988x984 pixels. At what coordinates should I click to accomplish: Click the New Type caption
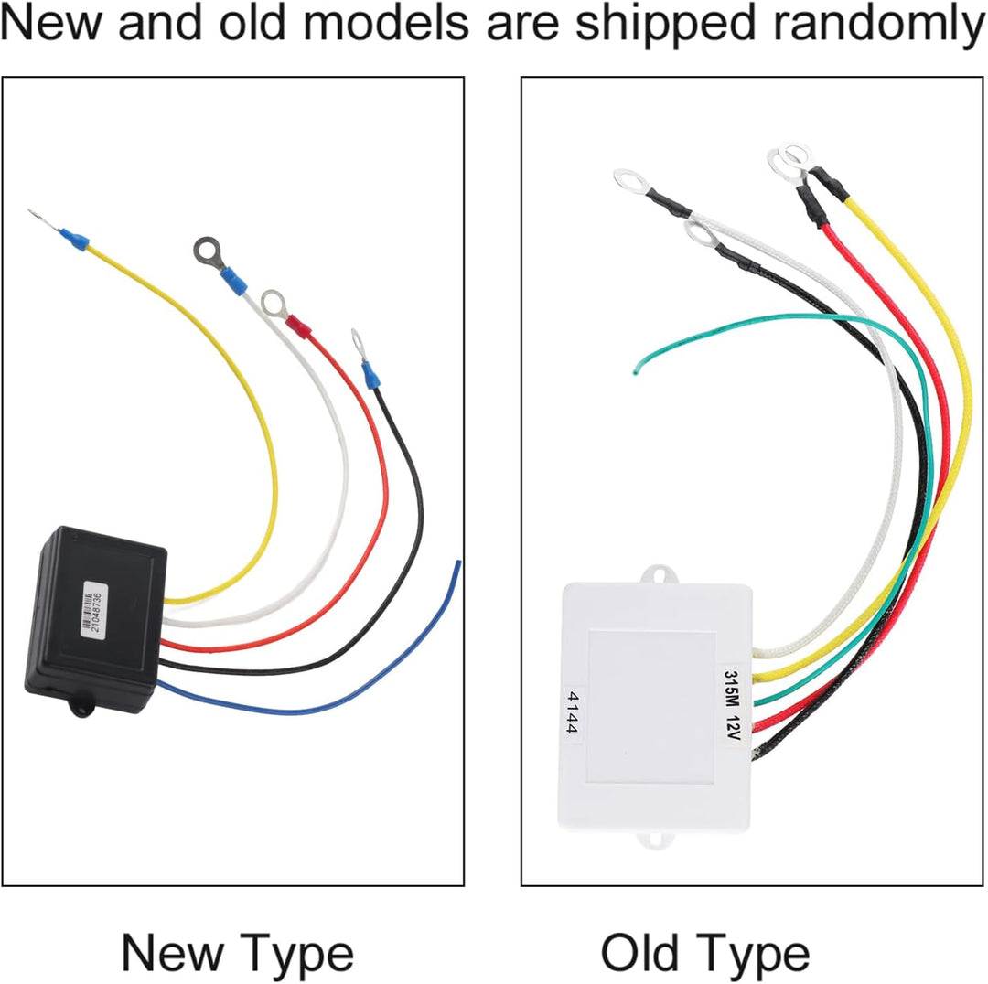click(x=237, y=954)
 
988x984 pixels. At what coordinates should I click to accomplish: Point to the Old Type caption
click(x=704, y=954)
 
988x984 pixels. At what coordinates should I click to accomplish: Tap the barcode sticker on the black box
click(x=94, y=608)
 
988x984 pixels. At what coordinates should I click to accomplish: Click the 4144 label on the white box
click(x=572, y=712)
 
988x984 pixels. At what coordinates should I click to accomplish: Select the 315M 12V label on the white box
click(x=732, y=704)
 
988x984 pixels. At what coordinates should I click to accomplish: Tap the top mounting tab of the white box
click(x=656, y=574)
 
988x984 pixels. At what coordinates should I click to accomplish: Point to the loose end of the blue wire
click(x=458, y=562)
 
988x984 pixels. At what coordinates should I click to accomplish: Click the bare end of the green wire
click(x=635, y=371)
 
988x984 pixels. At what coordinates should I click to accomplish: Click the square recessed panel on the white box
click(x=651, y=706)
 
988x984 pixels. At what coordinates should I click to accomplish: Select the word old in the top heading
click(x=250, y=23)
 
